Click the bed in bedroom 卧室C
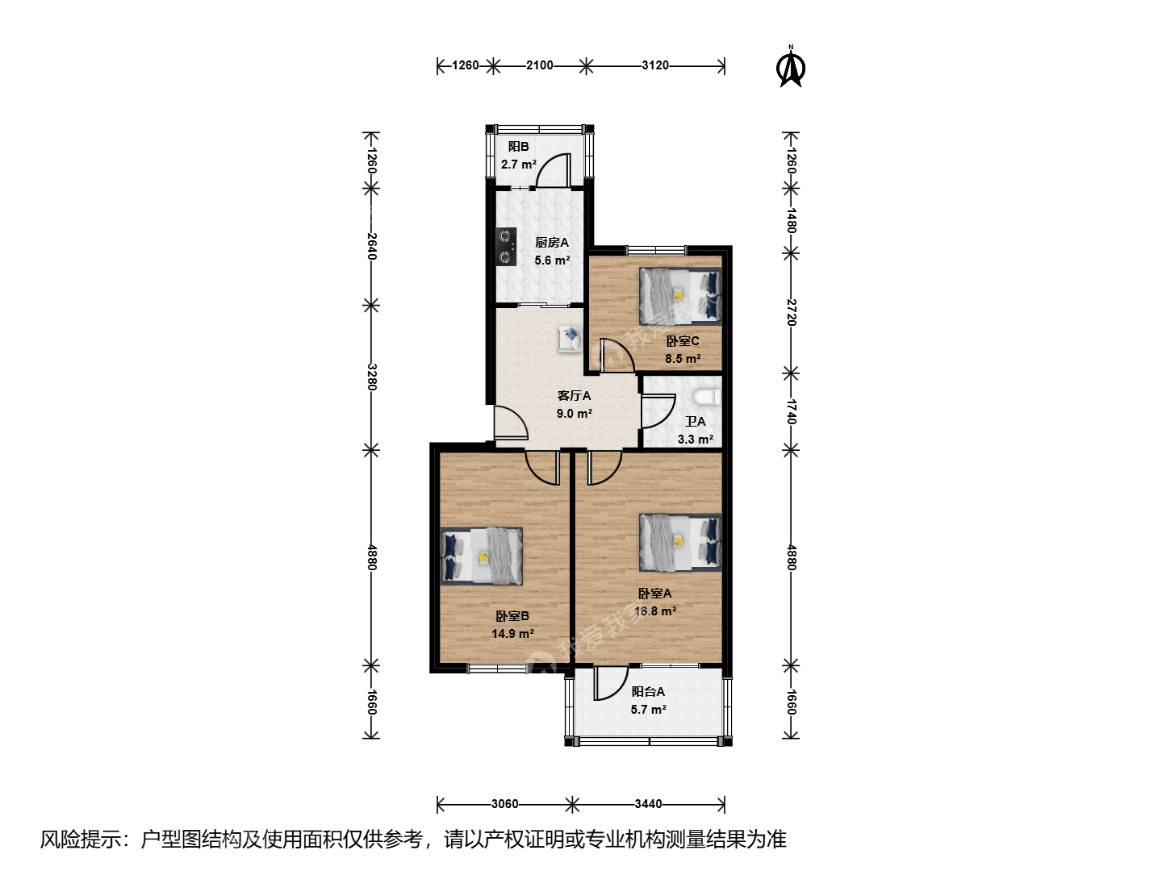[x=680, y=296]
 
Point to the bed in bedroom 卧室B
[x=482, y=556]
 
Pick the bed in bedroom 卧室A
[x=680, y=542]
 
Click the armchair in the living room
[x=570, y=339]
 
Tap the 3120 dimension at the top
[x=655, y=65]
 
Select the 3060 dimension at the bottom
[x=504, y=804]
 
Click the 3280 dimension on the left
[x=372, y=377]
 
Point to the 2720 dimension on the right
[x=791, y=313]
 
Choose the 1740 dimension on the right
[x=791, y=411]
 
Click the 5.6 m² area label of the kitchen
[x=552, y=260]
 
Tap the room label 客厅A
[x=574, y=395]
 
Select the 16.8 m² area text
[x=655, y=611]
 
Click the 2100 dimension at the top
[x=540, y=65]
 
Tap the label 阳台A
[x=648, y=692]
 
